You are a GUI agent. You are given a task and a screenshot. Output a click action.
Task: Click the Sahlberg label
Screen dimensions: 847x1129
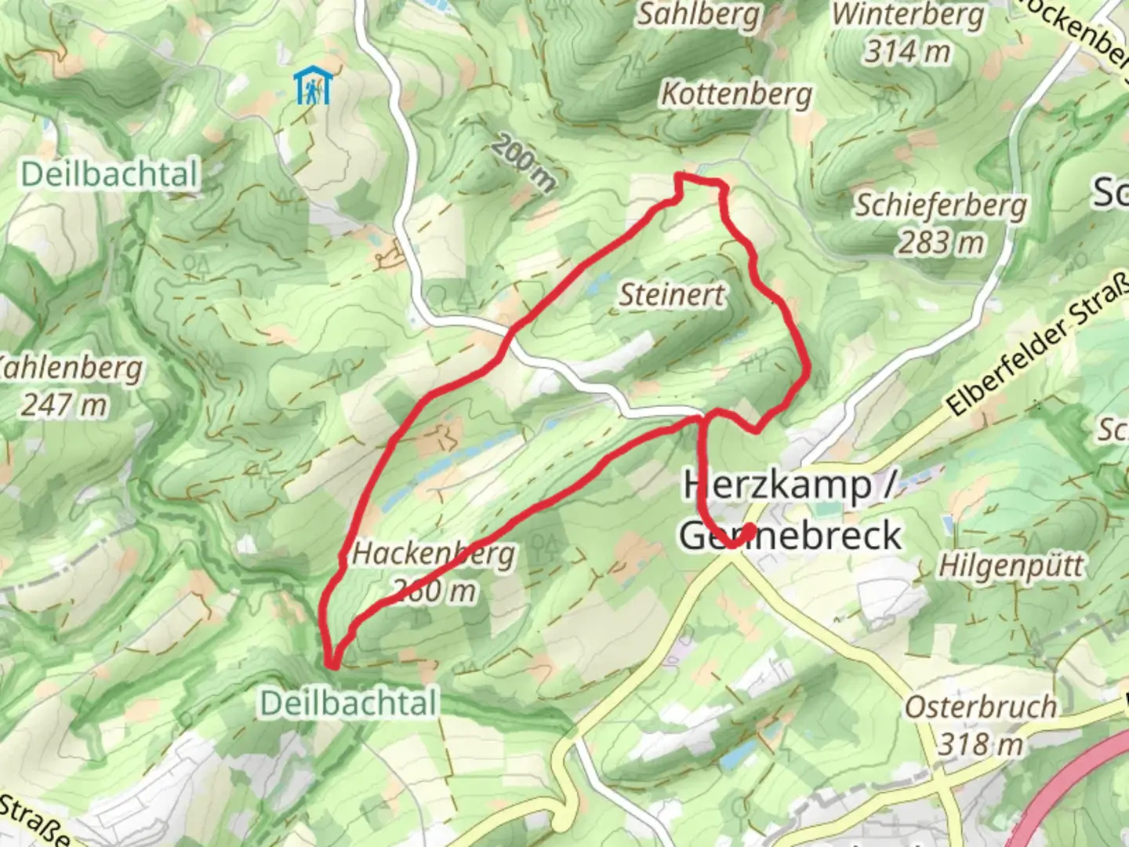(697, 14)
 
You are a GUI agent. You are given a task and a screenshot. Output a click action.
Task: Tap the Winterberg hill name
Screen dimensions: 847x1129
(907, 14)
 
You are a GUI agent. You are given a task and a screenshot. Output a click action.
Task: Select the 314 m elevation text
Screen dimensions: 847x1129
(907, 52)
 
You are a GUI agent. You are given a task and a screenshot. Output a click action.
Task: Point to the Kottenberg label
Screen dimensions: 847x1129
(736, 94)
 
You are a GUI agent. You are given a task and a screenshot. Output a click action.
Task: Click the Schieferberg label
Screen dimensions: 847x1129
(940, 205)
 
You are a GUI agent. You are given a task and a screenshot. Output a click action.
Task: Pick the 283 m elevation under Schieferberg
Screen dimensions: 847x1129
(940, 243)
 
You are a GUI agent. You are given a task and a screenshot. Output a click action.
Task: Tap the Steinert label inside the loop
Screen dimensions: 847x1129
(672, 295)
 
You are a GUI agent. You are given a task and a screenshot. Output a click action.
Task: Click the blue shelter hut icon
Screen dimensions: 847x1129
(313, 85)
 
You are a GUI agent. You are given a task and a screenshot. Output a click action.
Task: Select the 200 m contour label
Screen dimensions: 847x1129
(523, 163)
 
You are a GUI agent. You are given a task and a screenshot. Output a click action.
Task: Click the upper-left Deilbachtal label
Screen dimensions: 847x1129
(109, 173)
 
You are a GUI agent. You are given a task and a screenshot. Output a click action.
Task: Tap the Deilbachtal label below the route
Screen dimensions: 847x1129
(348, 703)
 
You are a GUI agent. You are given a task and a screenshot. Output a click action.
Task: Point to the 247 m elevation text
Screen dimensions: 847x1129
(64, 405)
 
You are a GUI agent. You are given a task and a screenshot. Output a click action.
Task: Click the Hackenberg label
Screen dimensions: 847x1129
(434, 554)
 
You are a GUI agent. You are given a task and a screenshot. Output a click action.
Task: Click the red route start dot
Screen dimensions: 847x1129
(748, 531)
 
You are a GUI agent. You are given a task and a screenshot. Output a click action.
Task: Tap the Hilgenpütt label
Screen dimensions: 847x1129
(1011, 565)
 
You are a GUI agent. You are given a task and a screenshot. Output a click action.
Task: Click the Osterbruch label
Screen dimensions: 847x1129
(980, 707)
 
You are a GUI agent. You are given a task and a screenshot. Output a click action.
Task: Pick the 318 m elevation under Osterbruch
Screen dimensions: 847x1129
(980, 743)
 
